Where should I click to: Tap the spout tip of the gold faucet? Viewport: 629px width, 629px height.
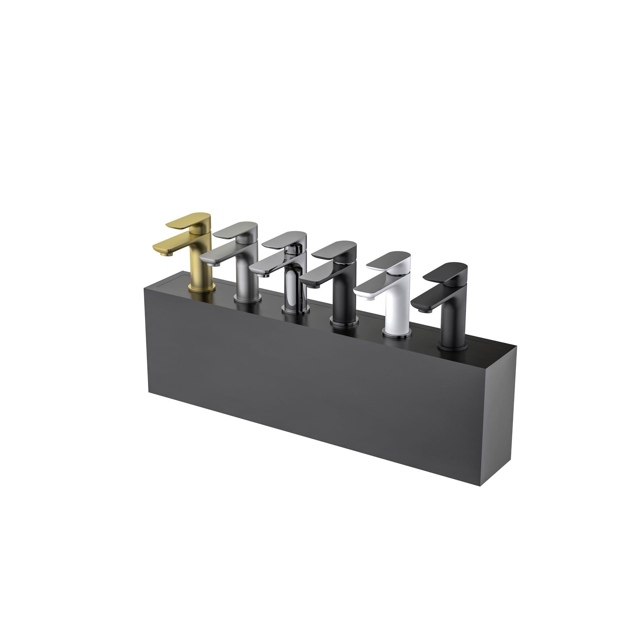tap(159, 252)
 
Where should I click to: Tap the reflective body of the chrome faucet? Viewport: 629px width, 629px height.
tap(293, 287)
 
